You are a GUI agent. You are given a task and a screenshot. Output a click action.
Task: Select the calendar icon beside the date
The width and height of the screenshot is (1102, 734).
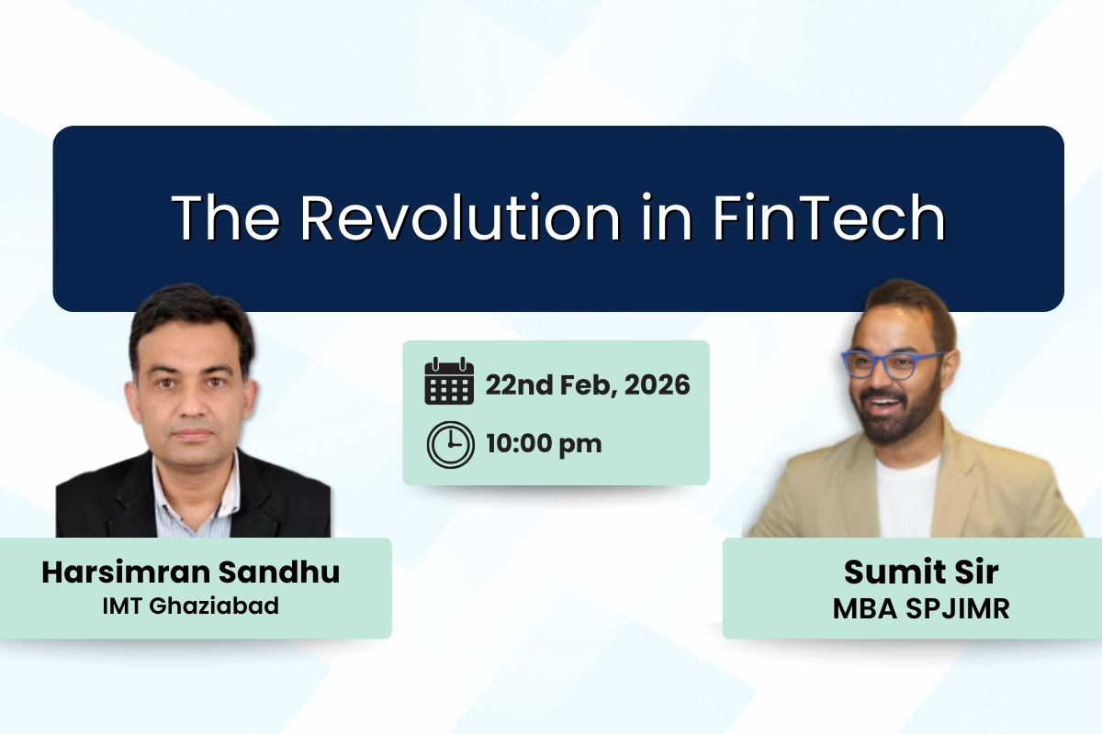(x=449, y=383)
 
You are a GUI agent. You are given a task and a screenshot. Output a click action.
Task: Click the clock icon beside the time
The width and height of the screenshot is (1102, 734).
(x=450, y=445)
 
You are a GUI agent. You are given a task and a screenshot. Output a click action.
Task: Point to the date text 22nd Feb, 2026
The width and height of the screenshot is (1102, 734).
(x=588, y=384)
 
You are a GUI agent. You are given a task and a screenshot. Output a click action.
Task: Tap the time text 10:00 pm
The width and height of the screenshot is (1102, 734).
(x=544, y=445)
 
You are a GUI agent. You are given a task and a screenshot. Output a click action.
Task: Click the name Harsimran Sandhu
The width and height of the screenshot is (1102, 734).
(x=191, y=572)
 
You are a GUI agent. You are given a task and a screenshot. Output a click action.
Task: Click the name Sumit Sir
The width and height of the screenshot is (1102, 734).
(x=921, y=572)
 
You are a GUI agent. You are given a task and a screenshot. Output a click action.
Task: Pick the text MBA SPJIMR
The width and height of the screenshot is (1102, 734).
(x=921, y=607)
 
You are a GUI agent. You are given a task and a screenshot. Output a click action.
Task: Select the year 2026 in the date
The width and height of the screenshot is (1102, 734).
(x=657, y=384)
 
